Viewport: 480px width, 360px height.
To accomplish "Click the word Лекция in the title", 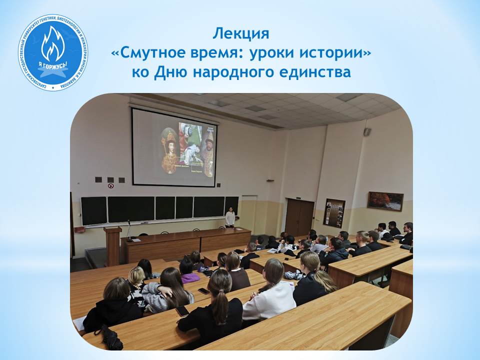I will (240, 34).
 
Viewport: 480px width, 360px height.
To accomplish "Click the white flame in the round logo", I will (52, 44).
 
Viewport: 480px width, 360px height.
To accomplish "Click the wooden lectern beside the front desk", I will (113, 245).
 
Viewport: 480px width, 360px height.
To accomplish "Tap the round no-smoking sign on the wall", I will (111, 185).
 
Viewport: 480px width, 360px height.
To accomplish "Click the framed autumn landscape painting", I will (385, 201).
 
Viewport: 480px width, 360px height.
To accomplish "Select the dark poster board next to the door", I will (334, 213).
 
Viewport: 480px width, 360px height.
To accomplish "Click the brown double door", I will (299, 217).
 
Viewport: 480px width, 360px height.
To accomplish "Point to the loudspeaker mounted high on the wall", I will (367, 131).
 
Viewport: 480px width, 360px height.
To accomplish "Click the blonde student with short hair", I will (136, 277).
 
